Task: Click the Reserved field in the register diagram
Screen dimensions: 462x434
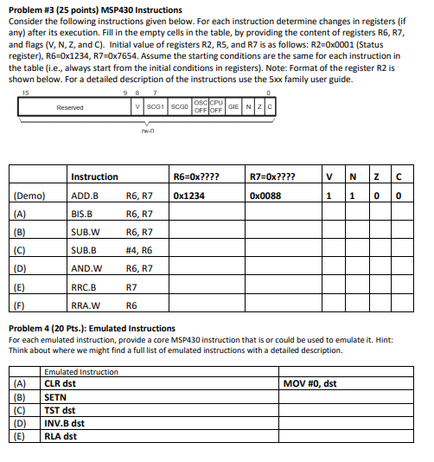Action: [x=70, y=107]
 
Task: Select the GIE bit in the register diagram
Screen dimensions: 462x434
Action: [x=233, y=107]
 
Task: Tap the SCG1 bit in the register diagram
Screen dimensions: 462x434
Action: [x=156, y=107]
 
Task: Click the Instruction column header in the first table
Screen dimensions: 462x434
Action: [x=94, y=176]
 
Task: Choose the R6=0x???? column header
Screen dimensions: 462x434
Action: [x=196, y=176]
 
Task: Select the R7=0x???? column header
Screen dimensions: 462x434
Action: [x=271, y=176]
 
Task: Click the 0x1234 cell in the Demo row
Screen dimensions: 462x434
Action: [x=188, y=196]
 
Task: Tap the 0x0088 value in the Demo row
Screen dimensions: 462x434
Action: [x=264, y=196]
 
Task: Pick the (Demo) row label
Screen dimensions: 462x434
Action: [x=29, y=196]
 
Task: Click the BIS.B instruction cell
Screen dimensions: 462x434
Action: [x=82, y=214]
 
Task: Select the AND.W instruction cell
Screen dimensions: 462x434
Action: [x=86, y=268]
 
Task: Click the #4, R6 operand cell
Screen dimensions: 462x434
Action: [x=139, y=250]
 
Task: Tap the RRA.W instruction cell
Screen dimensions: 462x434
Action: [x=85, y=305]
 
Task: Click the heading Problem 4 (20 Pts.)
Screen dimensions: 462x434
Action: [x=91, y=328]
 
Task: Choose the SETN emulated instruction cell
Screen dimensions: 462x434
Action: [x=55, y=397]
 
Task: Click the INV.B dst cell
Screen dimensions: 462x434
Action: [x=64, y=423]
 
